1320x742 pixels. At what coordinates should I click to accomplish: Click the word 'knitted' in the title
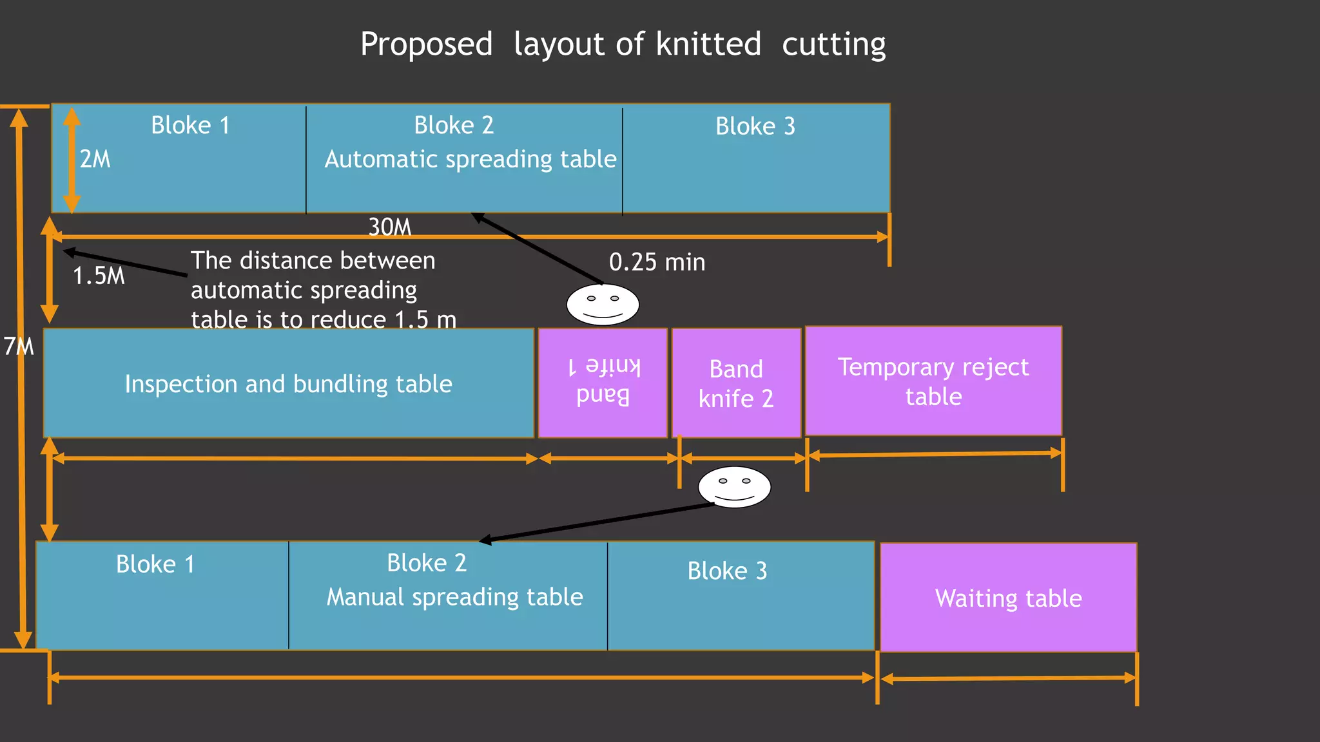click(x=708, y=44)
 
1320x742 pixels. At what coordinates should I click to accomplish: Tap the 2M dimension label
click(x=95, y=159)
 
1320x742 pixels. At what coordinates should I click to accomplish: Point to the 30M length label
click(x=389, y=227)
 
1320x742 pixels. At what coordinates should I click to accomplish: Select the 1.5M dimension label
click(x=99, y=276)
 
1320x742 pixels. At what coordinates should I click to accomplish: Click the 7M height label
click(x=18, y=347)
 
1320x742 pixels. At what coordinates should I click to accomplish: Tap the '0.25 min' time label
click(x=657, y=262)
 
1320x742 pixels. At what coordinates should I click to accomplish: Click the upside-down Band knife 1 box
click(x=603, y=383)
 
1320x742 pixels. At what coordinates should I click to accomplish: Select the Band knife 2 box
click(x=736, y=383)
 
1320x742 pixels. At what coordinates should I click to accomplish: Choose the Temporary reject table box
click(x=933, y=381)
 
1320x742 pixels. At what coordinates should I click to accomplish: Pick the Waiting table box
click(x=1008, y=598)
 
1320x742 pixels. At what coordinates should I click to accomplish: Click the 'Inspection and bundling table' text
click(x=288, y=384)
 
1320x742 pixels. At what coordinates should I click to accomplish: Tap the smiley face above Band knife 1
click(x=603, y=304)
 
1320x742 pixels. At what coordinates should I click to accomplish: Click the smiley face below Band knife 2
click(x=734, y=487)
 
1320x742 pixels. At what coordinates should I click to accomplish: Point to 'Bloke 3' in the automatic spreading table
click(x=755, y=126)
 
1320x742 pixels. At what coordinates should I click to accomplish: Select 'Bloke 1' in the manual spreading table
click(x=155, y=564)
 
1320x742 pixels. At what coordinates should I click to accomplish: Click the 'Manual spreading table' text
click(x=454, y=597)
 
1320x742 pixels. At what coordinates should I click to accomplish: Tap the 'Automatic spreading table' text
click(x=471, y=159)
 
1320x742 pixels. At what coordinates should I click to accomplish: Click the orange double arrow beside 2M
click(x=72, y=160)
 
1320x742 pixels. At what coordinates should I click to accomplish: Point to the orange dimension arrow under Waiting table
click(x=1008, y=678)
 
